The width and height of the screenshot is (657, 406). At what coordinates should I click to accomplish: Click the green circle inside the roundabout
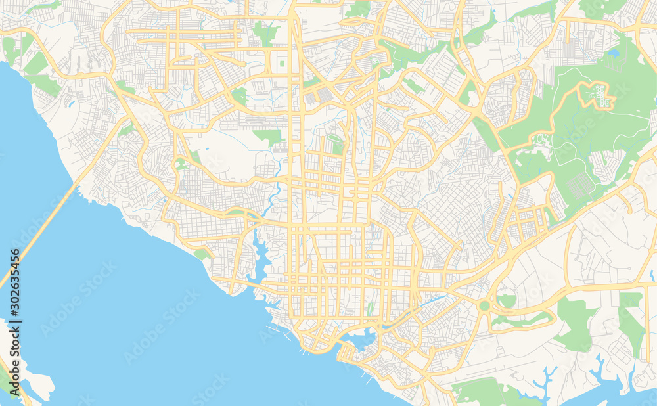(x=485, y=305)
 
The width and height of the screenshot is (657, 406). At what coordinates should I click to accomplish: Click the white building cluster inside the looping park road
(x=598, y=95)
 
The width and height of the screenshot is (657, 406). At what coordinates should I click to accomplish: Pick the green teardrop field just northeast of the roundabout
(x=507, y=300)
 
